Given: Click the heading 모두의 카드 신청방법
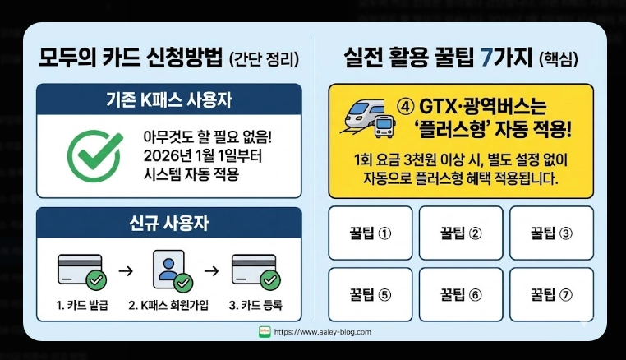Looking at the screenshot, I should point(131,59).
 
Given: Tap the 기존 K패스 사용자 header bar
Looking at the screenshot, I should point(168,101).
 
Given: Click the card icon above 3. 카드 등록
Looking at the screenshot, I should point(255,271).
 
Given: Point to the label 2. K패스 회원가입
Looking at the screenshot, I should point(168,306).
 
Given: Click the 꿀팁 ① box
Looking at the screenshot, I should point(370,232).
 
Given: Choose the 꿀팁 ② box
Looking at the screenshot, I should point(460,232).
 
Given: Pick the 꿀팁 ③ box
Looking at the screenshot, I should point(551,232).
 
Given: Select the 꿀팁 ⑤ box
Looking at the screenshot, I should point(370,293).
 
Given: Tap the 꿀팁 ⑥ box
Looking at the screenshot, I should point(460,293).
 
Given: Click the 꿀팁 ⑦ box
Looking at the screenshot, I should point(551,293).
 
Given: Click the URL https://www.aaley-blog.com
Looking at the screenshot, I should point(322,332).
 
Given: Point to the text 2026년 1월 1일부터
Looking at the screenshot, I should point(194,154).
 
